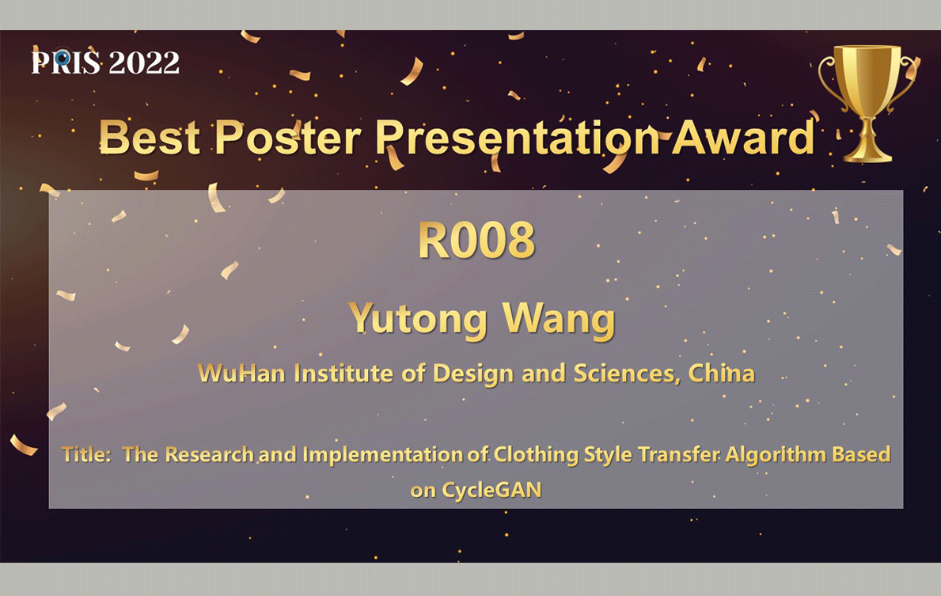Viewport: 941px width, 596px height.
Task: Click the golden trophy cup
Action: (867, 102)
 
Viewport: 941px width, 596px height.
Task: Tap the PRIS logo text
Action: (66, 63)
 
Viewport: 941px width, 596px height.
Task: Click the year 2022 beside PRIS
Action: (144, 63)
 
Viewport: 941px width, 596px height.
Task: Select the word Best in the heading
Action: (150, 138)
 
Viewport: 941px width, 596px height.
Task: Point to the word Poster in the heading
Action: (288, 138)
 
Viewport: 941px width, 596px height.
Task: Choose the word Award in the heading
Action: (743, 138)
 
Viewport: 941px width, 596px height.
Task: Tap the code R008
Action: (476, 240)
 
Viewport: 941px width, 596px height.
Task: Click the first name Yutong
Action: (419, 319)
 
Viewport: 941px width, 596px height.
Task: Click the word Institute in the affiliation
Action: (344, 374)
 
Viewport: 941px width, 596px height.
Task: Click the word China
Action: (721, 374)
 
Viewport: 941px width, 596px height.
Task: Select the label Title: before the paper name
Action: (86, 454)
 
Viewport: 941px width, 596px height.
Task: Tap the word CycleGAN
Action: (491, 491)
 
